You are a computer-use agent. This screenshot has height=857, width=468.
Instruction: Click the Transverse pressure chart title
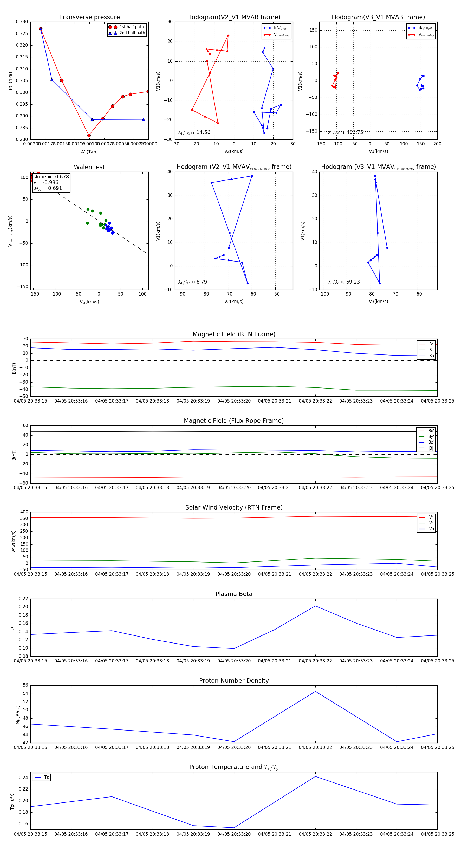(89, 17)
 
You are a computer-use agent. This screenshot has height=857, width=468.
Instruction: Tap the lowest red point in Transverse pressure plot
(89, 135)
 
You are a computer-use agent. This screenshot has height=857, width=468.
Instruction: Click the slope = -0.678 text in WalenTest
(51, 177)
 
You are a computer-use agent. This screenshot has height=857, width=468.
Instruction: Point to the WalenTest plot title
(89, 167)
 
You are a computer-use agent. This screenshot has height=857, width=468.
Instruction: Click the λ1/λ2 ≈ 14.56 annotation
(194, 132)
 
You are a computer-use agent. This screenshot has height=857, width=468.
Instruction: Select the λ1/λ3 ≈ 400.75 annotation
(346, 132)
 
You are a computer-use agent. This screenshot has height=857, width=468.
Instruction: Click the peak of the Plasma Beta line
(315, 606)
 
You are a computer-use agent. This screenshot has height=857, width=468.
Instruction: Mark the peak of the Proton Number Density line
(315, 692)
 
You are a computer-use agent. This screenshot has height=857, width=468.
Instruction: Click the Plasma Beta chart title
(234, 594)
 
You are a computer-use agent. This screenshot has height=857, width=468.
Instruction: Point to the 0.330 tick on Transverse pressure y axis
(22, 22)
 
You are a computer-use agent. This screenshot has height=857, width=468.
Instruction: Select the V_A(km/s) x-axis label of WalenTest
(89, 302)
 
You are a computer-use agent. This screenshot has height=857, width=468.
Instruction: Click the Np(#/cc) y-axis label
(18, 715)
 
